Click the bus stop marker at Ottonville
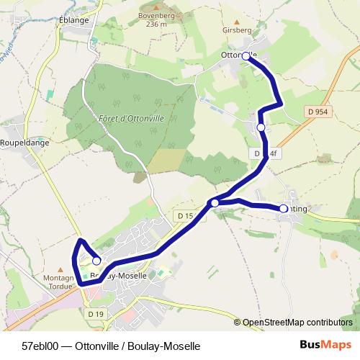[x=246, y=56]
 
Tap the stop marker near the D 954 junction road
[x=261, y=127]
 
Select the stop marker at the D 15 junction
[x=215, y=203]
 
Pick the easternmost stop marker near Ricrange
[x=283, y=209]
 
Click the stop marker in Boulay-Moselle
[x=96, y=261]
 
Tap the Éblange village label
[x=74, y=20]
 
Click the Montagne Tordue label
[x=60, y=281]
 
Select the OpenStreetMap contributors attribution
[x=297, y=322]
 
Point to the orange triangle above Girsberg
[x=237, y=22]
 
